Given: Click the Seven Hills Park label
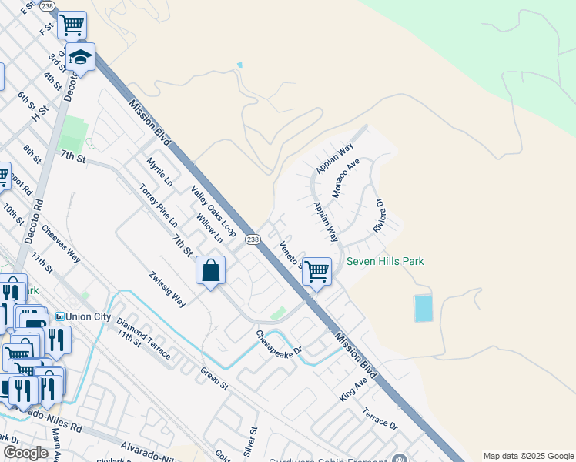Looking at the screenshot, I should tap(385, 261).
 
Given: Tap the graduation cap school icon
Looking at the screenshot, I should tap(80, 56).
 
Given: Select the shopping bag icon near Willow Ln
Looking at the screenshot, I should tap(210, 270).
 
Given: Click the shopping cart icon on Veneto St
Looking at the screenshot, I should tap(316, 270).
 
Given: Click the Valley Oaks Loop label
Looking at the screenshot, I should tap(213, 210).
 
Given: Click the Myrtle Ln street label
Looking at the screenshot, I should tap(159, 172).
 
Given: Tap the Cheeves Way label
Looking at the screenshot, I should tap(62, 243).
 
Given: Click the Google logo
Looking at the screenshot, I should tap(25, 453).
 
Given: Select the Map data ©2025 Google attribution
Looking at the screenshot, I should tap(528, 456).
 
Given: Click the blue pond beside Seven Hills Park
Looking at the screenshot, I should tap(423, 308).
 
